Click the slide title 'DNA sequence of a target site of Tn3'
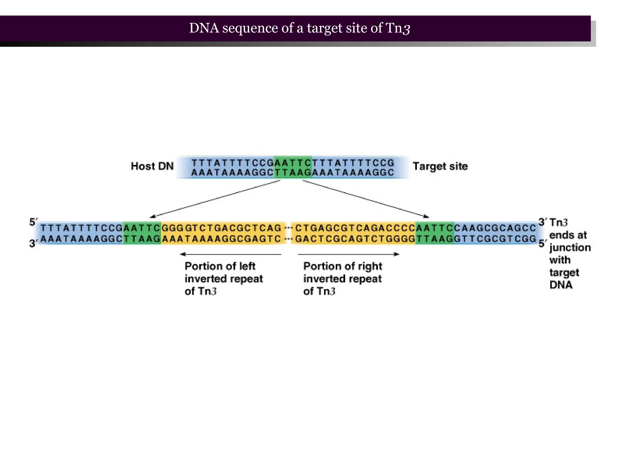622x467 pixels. [299, 28]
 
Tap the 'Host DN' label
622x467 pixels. [152, 166]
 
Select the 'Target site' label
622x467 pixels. [440, 166]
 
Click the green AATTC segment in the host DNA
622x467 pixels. [293, 167]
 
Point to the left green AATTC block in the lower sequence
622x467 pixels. [142, 233]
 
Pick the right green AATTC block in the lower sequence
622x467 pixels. [435, 233]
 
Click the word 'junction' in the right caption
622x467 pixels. [570, 248]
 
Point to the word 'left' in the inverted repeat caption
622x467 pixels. [247, 266]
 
